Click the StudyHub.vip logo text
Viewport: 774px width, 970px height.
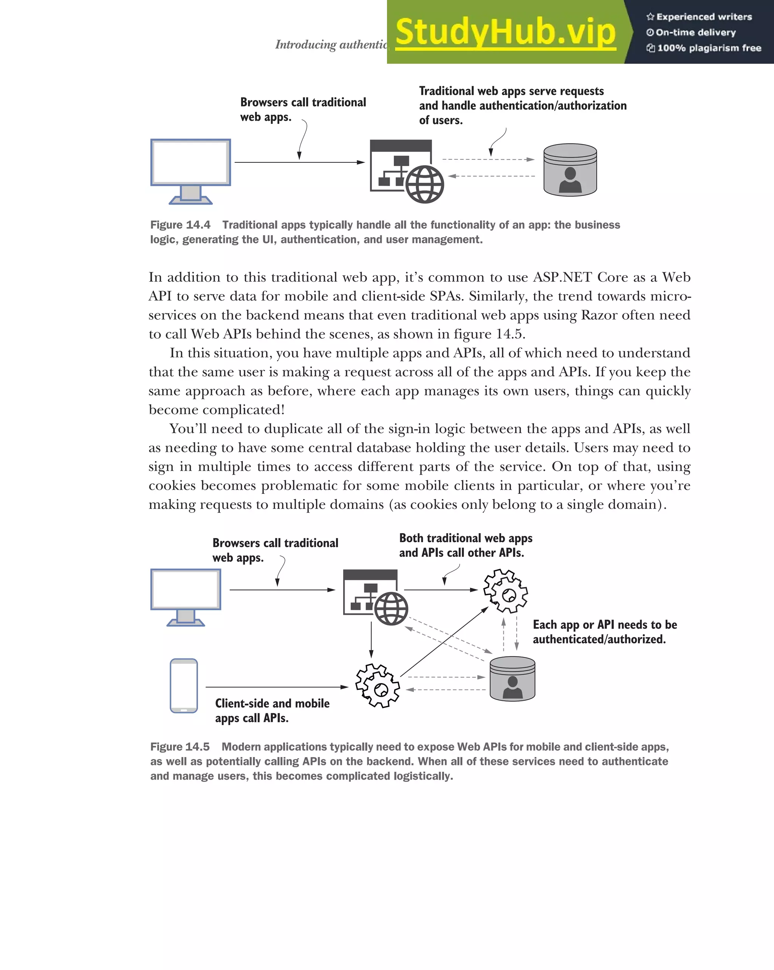point(505,32)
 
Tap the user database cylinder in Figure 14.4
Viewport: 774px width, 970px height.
point(570,170)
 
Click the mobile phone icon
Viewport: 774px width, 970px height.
point(184,685)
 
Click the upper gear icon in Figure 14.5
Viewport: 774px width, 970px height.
point(506,591)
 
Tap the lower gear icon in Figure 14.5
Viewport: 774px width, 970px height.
point(377,685)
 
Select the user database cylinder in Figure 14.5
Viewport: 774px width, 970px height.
point(512,679)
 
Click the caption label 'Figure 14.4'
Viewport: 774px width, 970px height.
point(180,225)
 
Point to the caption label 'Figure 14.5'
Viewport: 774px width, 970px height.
point(180,747)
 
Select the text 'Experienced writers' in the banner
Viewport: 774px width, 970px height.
point(704,17)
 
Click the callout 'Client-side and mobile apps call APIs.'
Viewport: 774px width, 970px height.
point(272,710)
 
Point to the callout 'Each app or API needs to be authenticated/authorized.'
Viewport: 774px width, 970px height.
point(605,632)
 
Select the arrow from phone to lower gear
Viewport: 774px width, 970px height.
point(277,687)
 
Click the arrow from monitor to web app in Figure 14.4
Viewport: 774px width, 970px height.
point(299,162)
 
